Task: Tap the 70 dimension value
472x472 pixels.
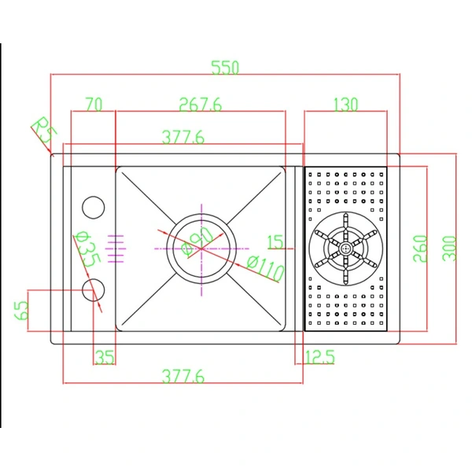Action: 94,105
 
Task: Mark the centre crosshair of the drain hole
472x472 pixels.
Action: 201,247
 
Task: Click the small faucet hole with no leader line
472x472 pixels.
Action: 93,207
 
